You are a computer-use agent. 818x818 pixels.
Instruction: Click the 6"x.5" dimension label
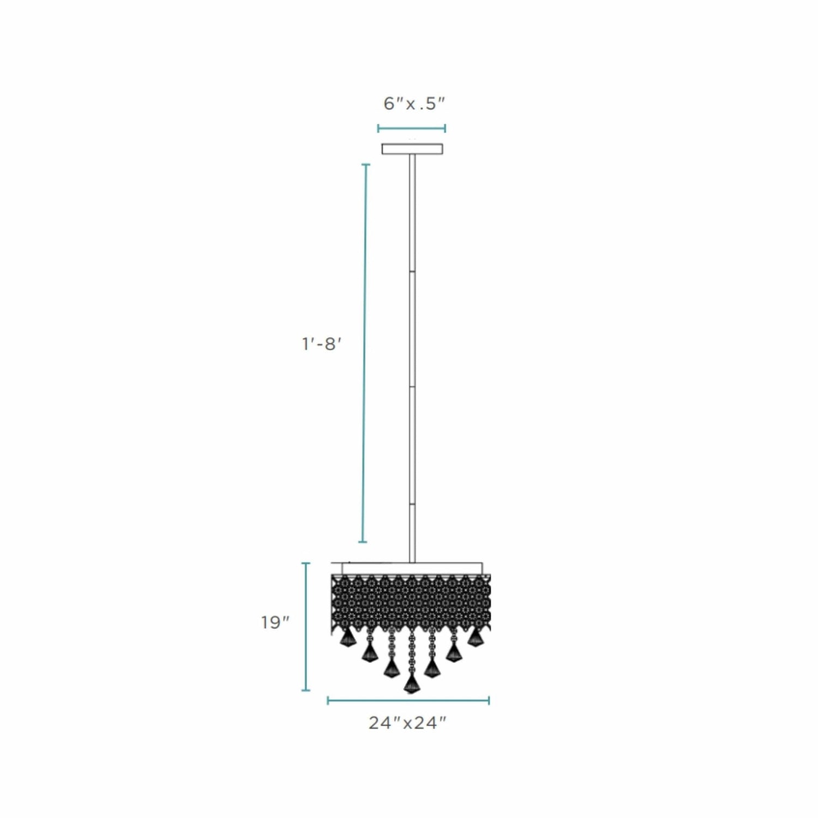414,103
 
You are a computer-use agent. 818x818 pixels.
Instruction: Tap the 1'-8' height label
322,344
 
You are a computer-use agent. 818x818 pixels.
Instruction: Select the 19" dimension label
275,622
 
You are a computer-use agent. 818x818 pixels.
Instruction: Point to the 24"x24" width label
407,723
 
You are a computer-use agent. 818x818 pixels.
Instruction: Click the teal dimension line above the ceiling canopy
412,129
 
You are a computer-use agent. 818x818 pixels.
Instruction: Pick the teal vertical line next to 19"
306,627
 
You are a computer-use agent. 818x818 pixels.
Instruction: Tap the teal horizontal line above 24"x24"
408,700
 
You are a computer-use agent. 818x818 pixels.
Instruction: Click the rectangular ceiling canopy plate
412,149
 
